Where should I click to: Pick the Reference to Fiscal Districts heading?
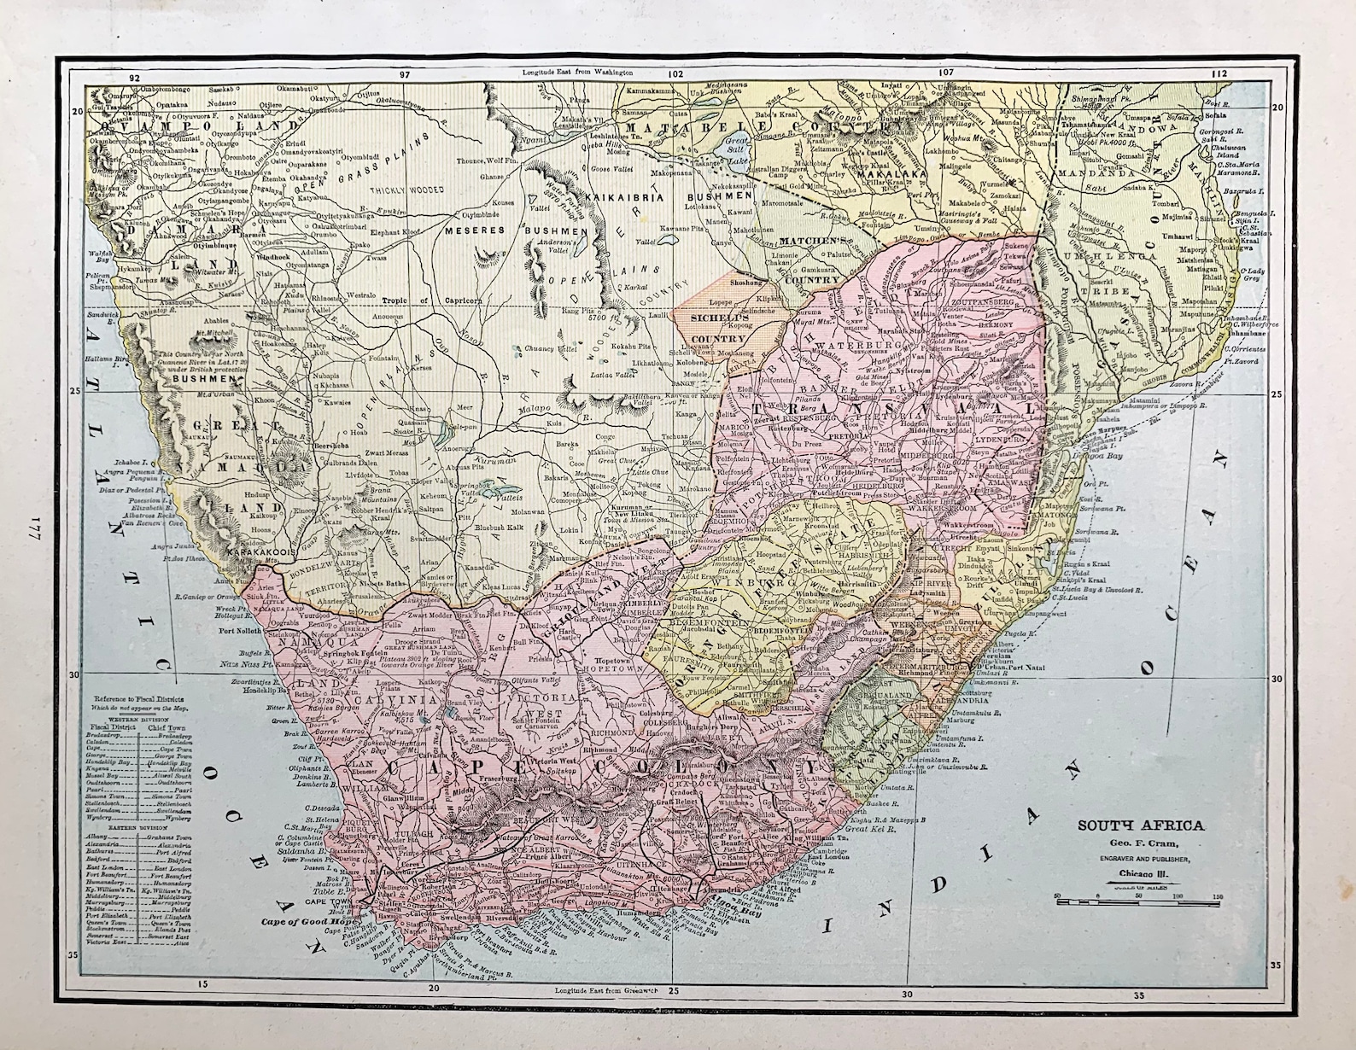tap(141, 699)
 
